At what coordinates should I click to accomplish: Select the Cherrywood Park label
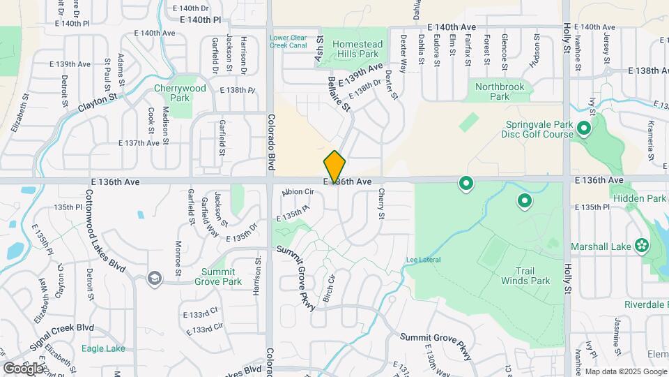[180, 93]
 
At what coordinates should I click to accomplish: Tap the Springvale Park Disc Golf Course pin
[583, 129]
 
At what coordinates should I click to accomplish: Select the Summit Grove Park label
[222, 276]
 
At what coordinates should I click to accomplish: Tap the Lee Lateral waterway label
[424, 260]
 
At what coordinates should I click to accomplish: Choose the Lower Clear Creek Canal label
[288, 41]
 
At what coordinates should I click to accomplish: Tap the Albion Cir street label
[298, 192]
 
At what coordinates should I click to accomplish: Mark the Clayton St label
[95, 105]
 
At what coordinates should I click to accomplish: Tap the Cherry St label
[381, 204]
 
